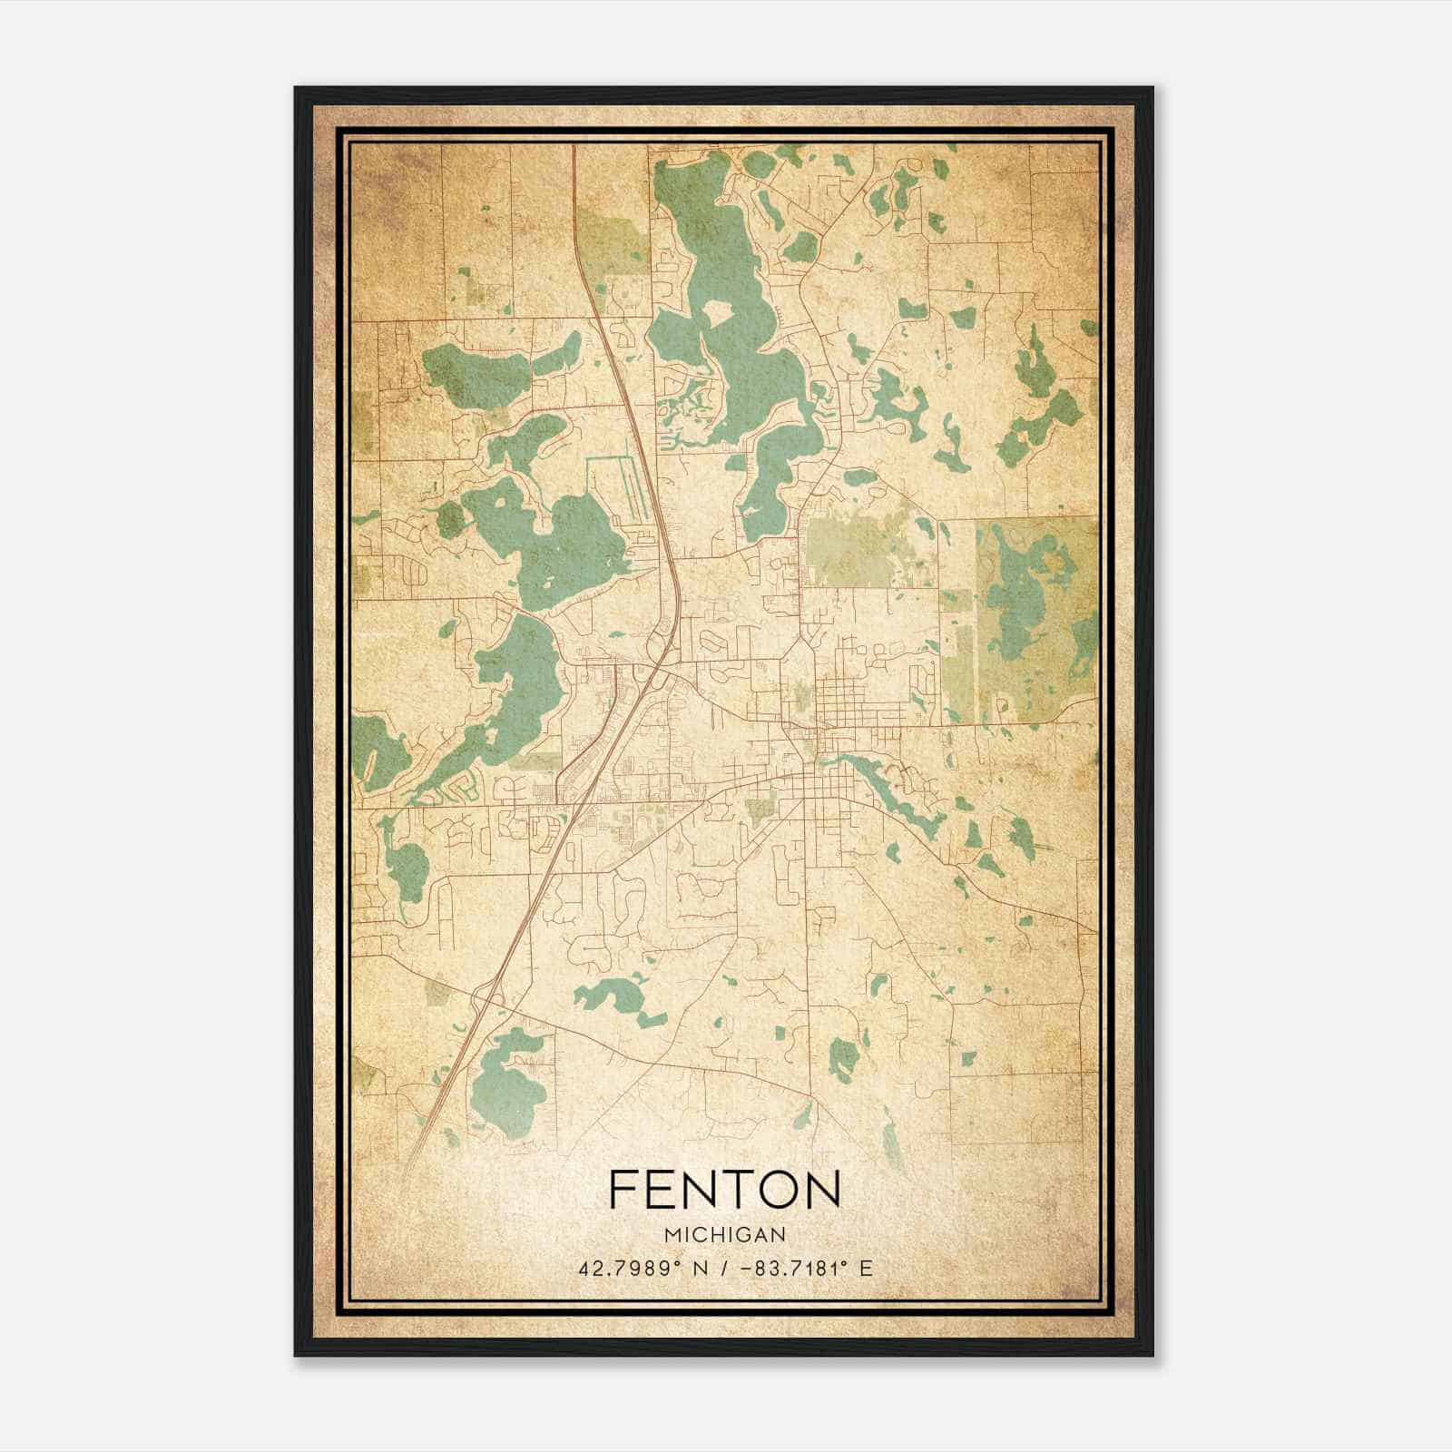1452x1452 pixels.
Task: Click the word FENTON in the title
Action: [x=724, y=1189]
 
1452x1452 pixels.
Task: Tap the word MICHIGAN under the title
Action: [x=724, y=1234]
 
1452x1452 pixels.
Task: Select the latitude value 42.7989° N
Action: [x=639, y=1268]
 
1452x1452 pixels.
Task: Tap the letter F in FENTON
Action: [x=623, y=1189]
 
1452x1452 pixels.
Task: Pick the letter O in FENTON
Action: [x=780, y=1189]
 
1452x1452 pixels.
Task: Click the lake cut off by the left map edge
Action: [x=370, y=749]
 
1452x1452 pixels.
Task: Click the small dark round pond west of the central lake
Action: [x=449, y=519]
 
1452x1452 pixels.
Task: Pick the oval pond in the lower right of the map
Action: [x=842, y=1057]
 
